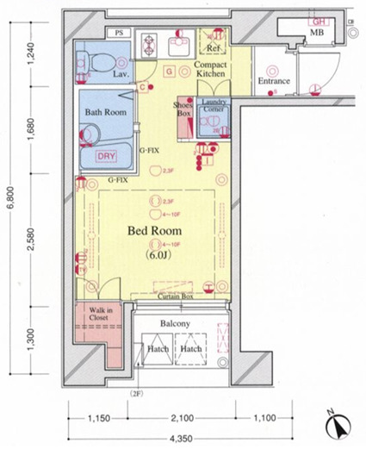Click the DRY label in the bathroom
pyautogui.click(x=106, y=156)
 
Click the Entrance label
pyautogui.click(x=275, y=82)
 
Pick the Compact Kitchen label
pyautogui.click(x=209, y=71)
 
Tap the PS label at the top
pyautogui.click(x=119, y=33)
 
